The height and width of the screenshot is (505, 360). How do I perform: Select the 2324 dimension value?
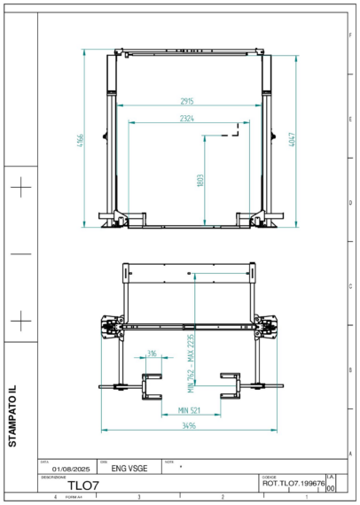(x=187, y=118)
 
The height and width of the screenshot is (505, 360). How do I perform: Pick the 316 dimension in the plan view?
(x=153, y=353)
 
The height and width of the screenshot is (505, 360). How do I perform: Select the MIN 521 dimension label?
(x=189, y=409)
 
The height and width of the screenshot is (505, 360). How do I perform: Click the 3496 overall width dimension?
(x=188, y=426)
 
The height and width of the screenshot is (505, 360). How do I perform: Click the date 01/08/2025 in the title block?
(x=72, y=468)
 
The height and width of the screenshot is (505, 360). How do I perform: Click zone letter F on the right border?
(x=349, y=32)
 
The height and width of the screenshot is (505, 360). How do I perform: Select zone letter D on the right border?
(x=349, y=202)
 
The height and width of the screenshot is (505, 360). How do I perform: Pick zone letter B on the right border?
(x=349, y=370)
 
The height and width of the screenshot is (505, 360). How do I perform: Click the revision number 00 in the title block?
(x=331, y=487)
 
